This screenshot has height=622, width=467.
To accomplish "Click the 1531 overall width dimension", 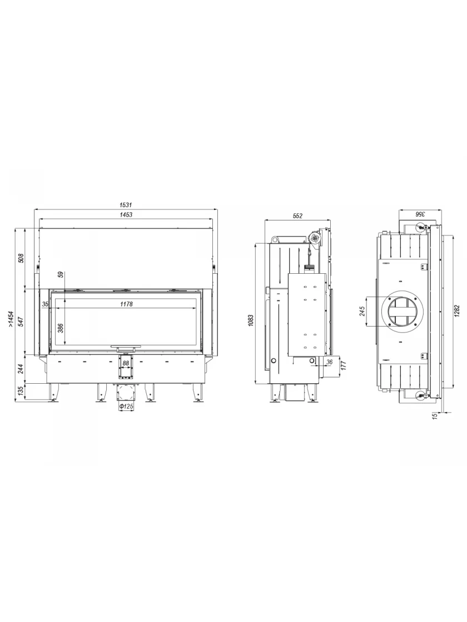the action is pyautogui.click(x=126, y=205).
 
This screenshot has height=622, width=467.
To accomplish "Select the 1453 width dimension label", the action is pyautogui.click(x=126, y=214).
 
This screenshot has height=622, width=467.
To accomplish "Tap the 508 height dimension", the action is pyautogui.click(x=22, y=258).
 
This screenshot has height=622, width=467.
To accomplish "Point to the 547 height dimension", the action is pyautogui.click(x=22, y=322).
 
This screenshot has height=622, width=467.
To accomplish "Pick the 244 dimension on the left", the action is pyautogui.click(x=22, y=369).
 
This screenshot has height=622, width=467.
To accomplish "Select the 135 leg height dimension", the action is pyautogui.click(x=22, y=392).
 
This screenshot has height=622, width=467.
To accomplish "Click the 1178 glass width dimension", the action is pyautogui.click(x=126, y=304).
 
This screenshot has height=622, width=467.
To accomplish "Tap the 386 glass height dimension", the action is pyautogui.click(x=61, y=328).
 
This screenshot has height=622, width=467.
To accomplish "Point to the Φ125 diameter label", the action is pyautogui.click(x=126, y=407).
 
